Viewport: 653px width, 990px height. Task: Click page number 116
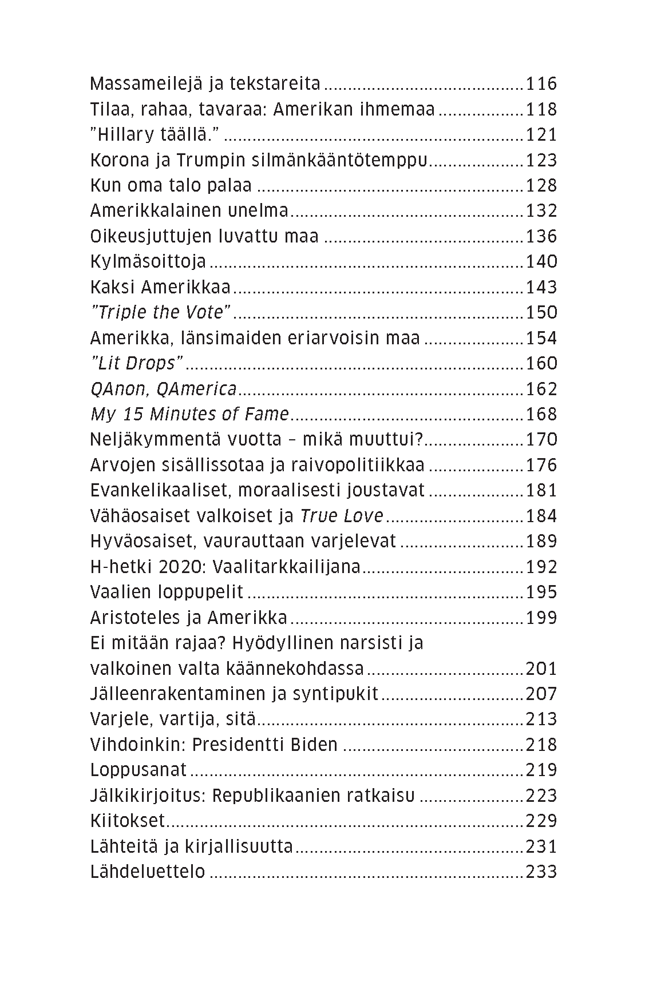coord(541,84)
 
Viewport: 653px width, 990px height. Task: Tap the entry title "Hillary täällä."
coord(156,135)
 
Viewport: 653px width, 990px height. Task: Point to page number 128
coord(541,186)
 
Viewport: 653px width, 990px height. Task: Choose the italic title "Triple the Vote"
coord(161,312)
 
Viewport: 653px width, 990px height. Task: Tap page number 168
coord(541,414)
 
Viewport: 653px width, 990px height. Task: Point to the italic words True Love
coord(342,516)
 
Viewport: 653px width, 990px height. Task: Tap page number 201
coord(541,669)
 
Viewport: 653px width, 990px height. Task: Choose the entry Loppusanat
coord(138,770)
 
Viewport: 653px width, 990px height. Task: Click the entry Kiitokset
coord(128,821)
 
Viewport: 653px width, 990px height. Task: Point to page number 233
coord(541,872)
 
